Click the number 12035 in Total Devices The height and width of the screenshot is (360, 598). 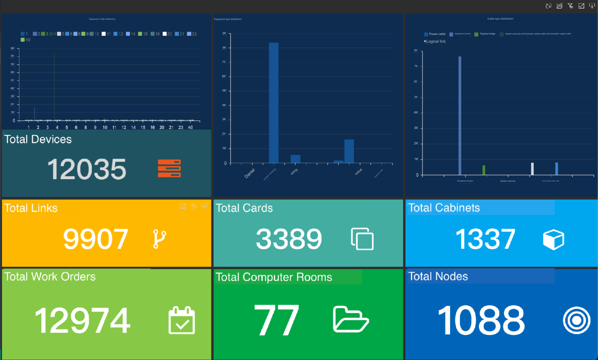pyautogui.click(x=87, y=169)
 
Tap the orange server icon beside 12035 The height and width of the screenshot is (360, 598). pyautogui.click(x=169, y=168)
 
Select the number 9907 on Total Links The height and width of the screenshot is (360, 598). pyautogui.click(x=96, y=239)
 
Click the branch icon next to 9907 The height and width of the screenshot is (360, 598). pyautogui.click(x=159, y=239)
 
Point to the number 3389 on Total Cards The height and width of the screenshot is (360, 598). pyautogui.click(x=289, y=239)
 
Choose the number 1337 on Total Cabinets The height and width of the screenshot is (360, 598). pyautogui.click(x=485, y=239)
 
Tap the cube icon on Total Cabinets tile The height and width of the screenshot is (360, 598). pyautogui.click(x=553, y=239)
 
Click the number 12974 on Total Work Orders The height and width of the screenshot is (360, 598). pyautogui.click(x=83, y=320)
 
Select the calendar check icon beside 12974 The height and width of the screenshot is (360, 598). pyautogui.click(x=181, y=320)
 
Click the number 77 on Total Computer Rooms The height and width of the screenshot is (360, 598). pyautogui.click(x=276, y=320)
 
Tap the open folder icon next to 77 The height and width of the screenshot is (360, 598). pyautogui.click(x=350, y=319)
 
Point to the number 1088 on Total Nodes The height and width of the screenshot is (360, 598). pyautogui.click(x=481, y=320)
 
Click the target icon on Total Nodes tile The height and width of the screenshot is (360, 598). pyautogui.click(x=577, y=320)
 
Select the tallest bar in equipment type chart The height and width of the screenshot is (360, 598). pyautogui.click(x=274, y=103)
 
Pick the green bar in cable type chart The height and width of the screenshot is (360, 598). pyautogui.click(x=484, y=170)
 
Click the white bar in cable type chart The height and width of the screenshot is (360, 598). pyautogui.click(x=532, y=169)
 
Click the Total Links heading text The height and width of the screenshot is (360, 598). pyautogui.click(x=31, y=208)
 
